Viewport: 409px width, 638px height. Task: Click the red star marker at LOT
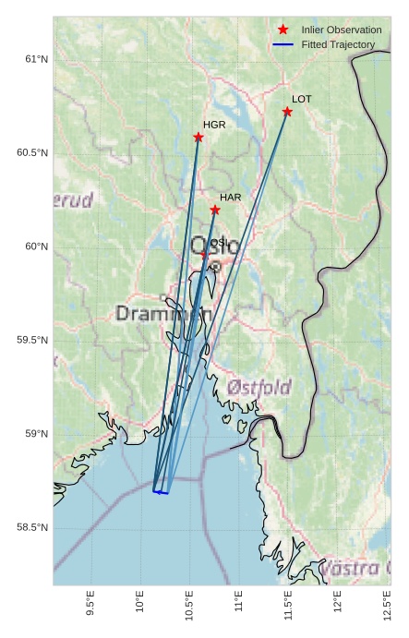click(287, 112)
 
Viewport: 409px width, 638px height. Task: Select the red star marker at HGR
click(198, 138)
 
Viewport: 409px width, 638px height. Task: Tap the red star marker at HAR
click(215, 210)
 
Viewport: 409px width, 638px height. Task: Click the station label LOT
click(302, 99)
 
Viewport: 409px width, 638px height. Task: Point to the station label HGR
click(214, 125)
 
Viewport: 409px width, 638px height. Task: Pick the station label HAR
click(231, 198)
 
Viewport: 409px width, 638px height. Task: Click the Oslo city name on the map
click(213, 247)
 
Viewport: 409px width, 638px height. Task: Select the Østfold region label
click(259, 386)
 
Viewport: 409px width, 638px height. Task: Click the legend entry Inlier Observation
click(341, 30)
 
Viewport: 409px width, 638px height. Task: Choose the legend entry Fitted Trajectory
click(338, 44)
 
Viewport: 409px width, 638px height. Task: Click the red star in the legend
click(283, 30)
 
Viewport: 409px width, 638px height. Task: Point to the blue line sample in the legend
click(283, 44)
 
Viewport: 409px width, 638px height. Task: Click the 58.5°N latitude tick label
click(32, 527)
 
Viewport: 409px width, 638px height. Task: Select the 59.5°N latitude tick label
click(32, 340)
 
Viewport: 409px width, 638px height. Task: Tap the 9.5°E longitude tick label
click(90, 607)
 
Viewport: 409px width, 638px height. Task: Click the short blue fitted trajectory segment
click(161, 492)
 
